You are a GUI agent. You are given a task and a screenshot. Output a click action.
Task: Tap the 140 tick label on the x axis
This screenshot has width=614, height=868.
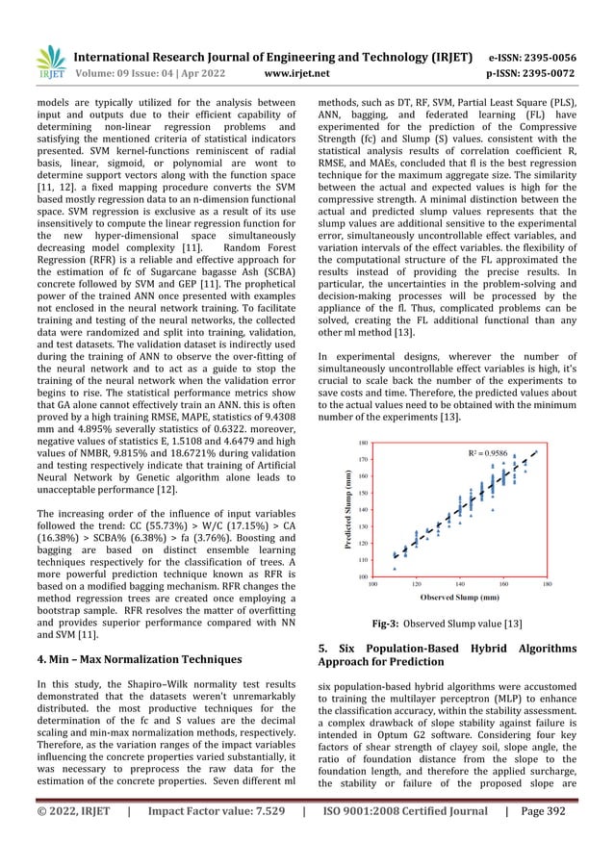pos(460,583)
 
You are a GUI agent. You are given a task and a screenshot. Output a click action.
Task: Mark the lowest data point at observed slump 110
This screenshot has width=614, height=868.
pos(395,568)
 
